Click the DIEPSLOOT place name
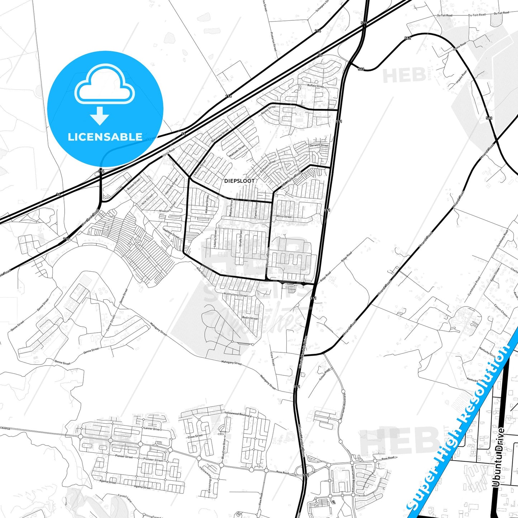pos(239,181)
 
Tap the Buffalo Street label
pos(315,86)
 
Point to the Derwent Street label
pos(319,145)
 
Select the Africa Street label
pos(284,217)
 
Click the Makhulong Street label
pos(236,295)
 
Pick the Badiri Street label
pos(250,318)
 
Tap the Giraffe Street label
pos(241,238)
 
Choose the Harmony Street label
pos(171,186)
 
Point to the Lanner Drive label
pos(152,428)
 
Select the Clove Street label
pos(195,437)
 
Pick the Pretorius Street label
pos(273,41)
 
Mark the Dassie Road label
pos(459,46)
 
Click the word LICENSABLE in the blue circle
pos(105,137)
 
